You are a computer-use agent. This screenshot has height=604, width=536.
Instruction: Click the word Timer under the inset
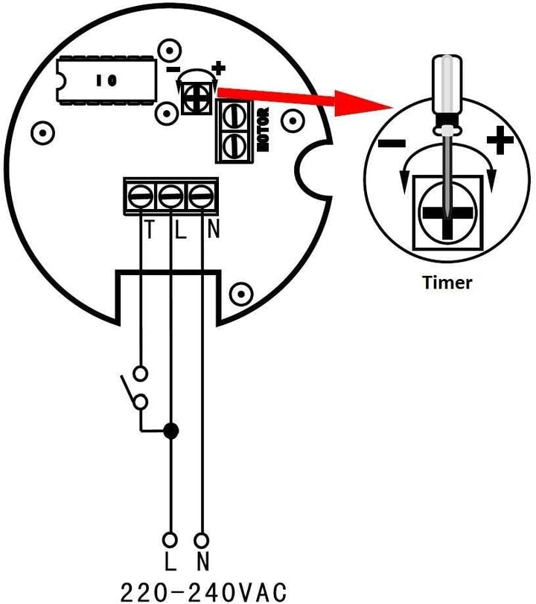(447, 283)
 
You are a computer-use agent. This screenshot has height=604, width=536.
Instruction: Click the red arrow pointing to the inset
(305, 100)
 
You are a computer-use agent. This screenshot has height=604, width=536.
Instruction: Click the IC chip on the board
(106, 80)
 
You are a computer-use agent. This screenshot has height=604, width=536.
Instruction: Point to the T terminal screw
(141, 196)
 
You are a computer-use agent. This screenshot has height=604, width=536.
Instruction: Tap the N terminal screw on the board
(201, 196)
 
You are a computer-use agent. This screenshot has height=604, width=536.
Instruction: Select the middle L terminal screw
(170, 196)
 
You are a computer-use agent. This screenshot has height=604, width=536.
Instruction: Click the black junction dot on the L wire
(170, 431)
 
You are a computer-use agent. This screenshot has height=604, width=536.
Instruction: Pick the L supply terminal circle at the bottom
(170, 540)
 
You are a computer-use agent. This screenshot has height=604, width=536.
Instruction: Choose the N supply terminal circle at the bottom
(202, 540)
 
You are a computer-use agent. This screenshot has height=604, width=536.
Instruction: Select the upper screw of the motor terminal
(234, 116)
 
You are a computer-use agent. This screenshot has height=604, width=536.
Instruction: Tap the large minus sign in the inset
(392, 144)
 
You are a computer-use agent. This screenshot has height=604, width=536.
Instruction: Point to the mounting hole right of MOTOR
(293, 121)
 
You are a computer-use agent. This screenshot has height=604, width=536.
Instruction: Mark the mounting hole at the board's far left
(42, 133)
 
